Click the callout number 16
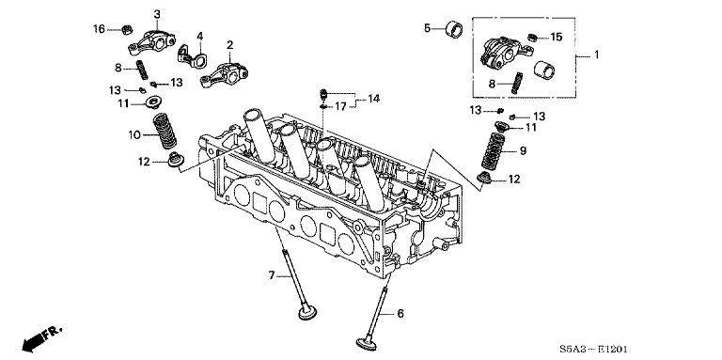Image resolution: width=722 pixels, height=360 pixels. [99, 29]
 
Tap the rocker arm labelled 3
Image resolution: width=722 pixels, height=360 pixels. [151, 42]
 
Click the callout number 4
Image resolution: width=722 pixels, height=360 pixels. [200, 36]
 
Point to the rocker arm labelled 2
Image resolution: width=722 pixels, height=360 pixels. [224, 74]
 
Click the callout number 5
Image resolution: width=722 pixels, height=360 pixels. [428, 28]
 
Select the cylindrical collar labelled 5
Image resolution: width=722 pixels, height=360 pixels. [454, 28]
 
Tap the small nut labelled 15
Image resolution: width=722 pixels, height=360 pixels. [532, 38]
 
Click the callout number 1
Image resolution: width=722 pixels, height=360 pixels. [596, 55]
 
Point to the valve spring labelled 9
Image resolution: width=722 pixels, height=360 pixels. [494, 150]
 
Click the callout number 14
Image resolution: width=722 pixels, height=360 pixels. [373, 98]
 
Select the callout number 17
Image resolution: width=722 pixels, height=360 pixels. [339, 107]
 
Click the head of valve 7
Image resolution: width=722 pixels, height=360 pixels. [307, 313]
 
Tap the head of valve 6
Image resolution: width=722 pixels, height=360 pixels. [367, 343]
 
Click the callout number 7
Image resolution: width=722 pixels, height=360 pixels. [272, 275]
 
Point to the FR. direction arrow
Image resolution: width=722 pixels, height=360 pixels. [40, 337]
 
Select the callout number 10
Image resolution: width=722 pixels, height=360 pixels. [134, 135]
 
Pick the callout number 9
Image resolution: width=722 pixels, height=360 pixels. [523, 150]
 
